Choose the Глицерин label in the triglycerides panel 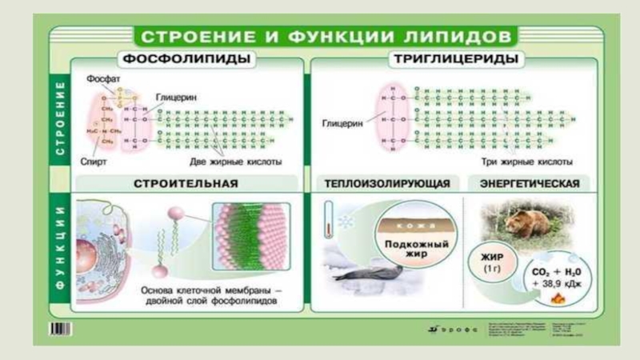click(x=342, y=124)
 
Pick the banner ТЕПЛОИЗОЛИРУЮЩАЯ click(x=387, y=183)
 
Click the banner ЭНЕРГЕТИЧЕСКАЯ click(x=529, y=183)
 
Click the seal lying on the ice click(x=369, y=273)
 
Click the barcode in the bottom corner click(x=60, y=328)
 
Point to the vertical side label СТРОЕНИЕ click(x=60, y=120)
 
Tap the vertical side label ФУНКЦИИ click(x=60, y=248)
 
